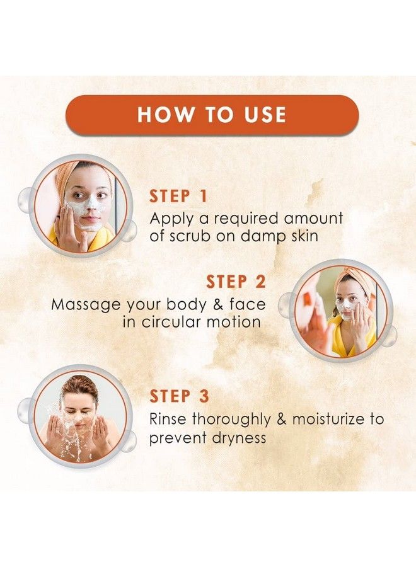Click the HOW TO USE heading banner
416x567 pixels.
pyautogui.click(x=212, y=115)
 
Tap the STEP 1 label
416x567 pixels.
pyautogui.click(x=178, y=197)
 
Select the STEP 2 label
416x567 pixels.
pyautogui.click(x=236, y=282)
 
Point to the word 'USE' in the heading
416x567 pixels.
pyautogui.click(x=255, y=115)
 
